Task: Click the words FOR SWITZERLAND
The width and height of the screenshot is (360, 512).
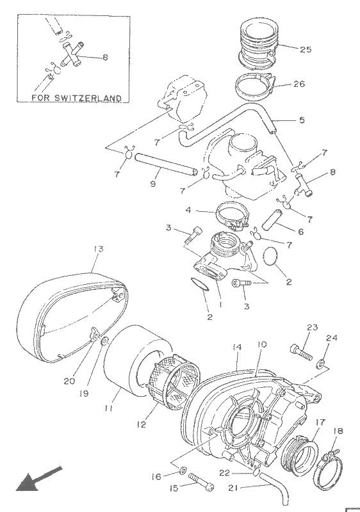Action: click(x=76, y=98)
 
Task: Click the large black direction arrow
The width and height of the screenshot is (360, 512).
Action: click(x=38, y=479)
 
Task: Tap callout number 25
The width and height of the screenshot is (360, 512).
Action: click(x=306, y=50)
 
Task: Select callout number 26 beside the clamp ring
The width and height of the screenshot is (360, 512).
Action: click(x=299, y=84)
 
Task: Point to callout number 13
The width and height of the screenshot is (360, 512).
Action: click(x=98, y=249)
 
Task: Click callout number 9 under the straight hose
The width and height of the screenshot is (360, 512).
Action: click(x=153, y=184)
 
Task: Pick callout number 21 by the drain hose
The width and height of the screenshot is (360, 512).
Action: click(x=233, y=488)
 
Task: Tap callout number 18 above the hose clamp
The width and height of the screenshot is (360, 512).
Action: click(x=338, y=431)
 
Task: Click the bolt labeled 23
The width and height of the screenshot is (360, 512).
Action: click(x=300, y=353)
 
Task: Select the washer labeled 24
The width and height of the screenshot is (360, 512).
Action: click(x=321, y=363)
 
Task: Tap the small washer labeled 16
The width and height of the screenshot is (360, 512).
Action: click(x=183, y=471)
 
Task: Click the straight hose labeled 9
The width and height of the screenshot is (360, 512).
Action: click(x=165, y=162)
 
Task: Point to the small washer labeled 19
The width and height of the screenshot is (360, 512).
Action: click(x=104, y=342)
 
